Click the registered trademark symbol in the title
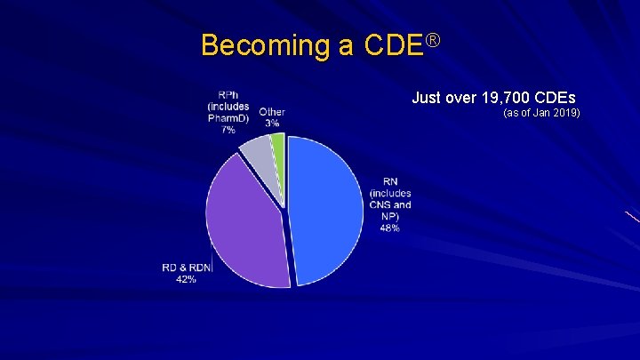[x=434, y=39]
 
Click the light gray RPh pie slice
[x=254, y=153]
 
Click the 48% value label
[x=389, y=228]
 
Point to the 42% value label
[x=186, y=278]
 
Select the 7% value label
[x=228, y=129]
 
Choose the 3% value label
[x=272, y=123]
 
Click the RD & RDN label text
[x=186, y=267]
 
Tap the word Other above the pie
[x=272, y=112]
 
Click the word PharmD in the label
[x=228, y=118]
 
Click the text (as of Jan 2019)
[x=541, y=114]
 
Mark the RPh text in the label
[x=228, y=96]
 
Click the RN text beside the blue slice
[x=389, y=183]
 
